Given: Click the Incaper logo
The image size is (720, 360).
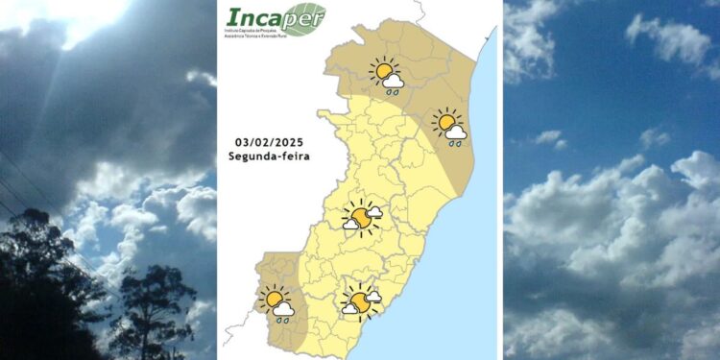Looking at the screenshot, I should pos(275,19).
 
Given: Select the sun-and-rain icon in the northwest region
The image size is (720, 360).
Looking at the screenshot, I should pos(387,75).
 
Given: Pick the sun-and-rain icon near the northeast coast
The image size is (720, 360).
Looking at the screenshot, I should pos(449,127).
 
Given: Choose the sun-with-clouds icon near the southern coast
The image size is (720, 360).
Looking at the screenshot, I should pos(361,301).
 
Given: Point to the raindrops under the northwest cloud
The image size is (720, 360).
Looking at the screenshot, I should pos(393,92).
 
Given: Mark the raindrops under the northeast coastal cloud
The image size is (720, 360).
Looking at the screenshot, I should pos(455,143).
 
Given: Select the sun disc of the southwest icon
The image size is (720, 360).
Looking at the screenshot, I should pos(272,300).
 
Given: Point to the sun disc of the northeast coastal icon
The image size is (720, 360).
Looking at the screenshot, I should pos(445,123).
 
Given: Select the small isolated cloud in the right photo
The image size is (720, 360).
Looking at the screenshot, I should pos(548,138).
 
